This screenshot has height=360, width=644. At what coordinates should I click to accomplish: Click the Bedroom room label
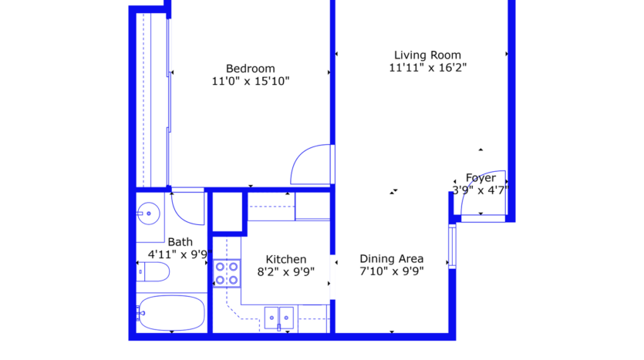coord(250,68)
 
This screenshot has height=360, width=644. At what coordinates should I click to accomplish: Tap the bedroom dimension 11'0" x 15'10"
coord(250,81)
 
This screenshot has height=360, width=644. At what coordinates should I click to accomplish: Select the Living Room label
coord(427,55)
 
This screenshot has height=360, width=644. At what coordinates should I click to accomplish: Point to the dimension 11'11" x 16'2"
coord(427,68)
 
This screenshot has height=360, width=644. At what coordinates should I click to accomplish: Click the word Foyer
coord(480,178)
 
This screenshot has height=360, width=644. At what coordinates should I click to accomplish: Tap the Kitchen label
coord(285,259)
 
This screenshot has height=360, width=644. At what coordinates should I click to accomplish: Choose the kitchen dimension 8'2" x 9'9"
coord(285,271)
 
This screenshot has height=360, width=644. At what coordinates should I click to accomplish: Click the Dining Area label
coord(392,259)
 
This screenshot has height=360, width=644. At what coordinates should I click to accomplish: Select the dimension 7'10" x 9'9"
coord(392,271)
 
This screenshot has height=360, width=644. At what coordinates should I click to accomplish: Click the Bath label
coord(180,242)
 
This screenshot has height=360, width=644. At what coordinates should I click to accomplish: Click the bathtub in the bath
coord(171,312)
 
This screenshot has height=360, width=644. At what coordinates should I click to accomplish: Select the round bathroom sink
coord(149,212)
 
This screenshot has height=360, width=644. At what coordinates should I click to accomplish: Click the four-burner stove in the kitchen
coord(227,274)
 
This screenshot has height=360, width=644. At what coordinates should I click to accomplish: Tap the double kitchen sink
coord(278,315)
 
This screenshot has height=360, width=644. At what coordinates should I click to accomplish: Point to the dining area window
coord(453,245)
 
